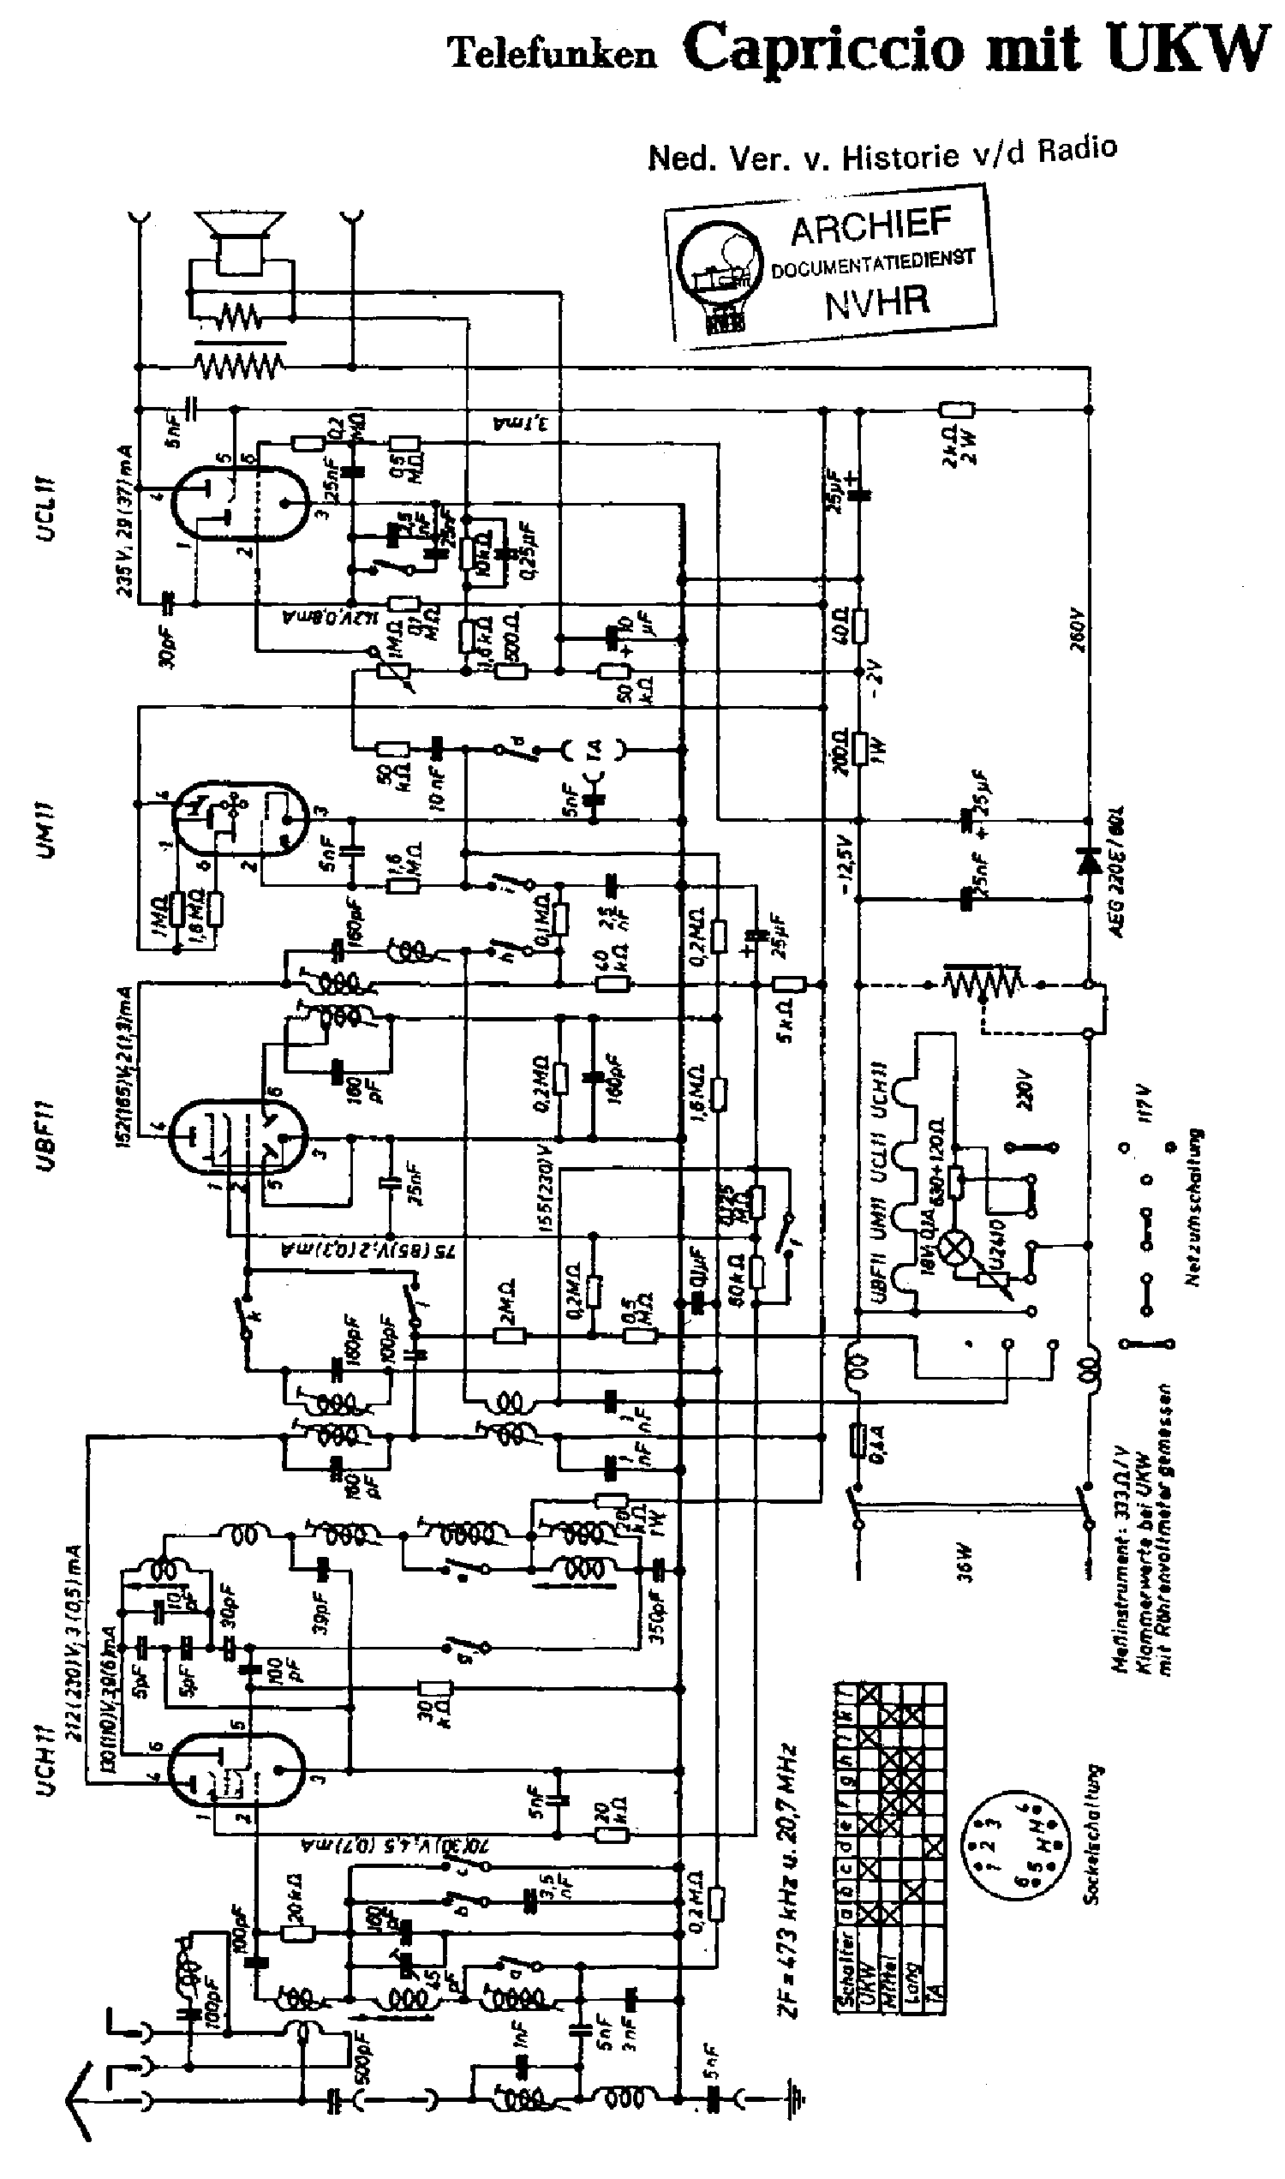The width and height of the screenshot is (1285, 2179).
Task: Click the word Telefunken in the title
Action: pos(552,56)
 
